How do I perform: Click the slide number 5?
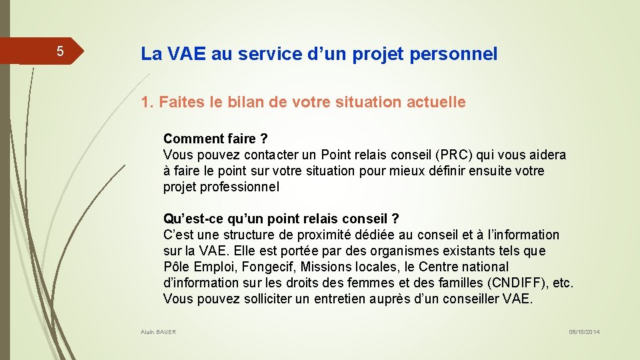tap(59, 51)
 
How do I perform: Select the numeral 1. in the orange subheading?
tap(146, 103)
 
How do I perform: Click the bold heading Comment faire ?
tap(215, 139)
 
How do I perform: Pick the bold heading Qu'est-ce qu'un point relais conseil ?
tap(281, 219)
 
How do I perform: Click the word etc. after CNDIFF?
tap(563, 283)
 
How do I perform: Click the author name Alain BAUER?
tap(159, 332)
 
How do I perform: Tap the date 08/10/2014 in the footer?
tap(584, 332)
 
